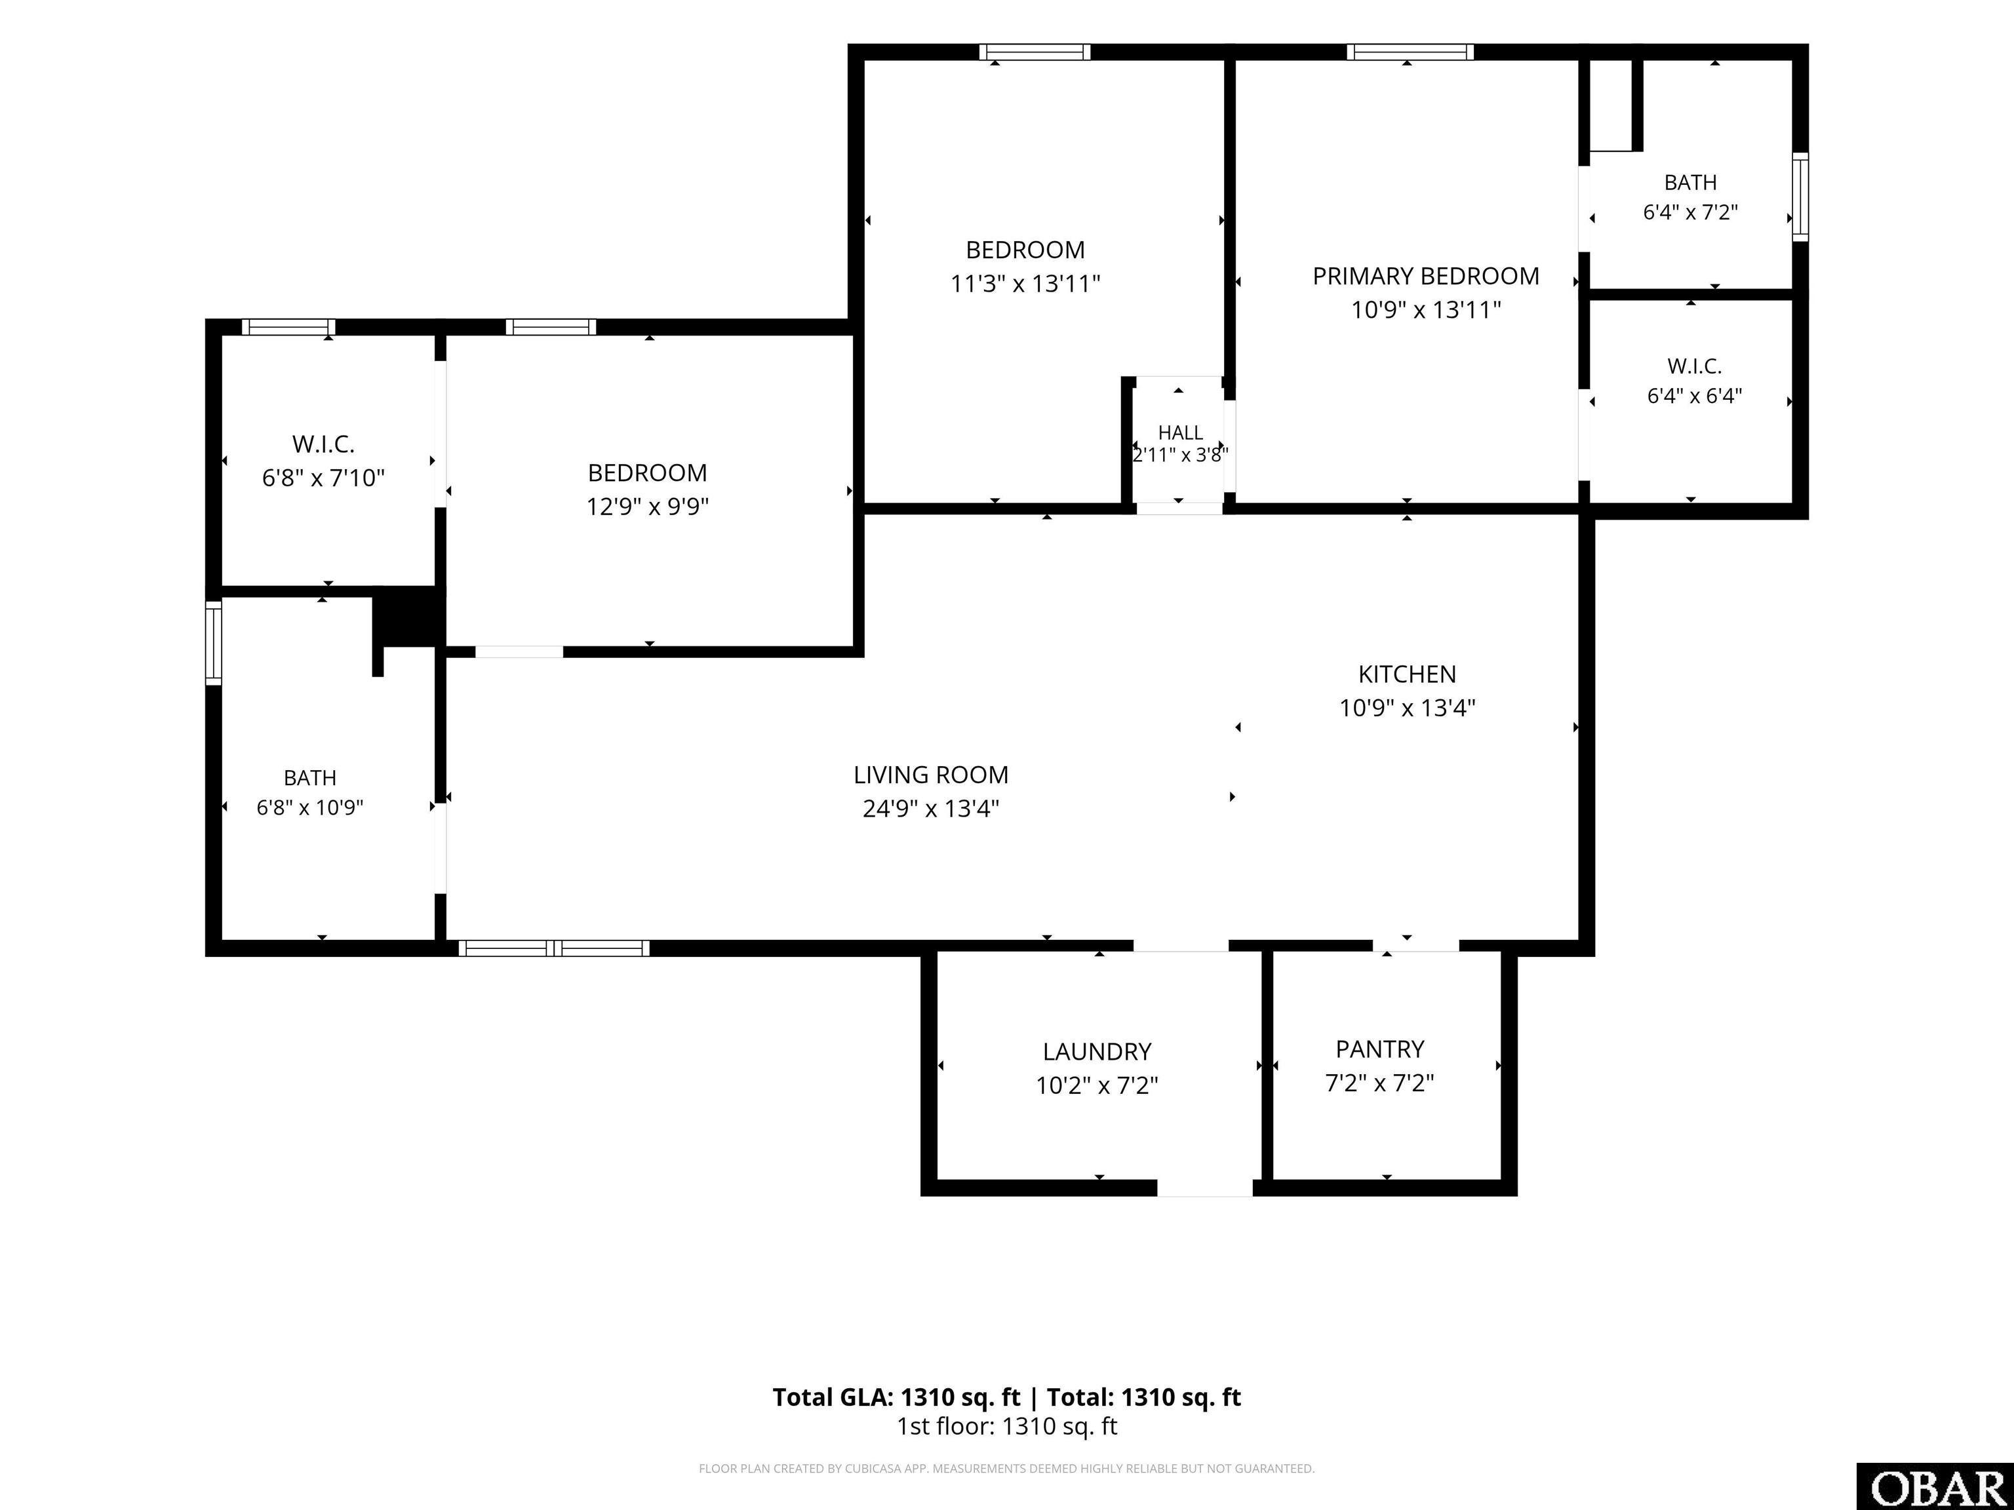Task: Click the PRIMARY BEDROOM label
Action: point(1426,276)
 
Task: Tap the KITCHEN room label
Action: point(1407,674)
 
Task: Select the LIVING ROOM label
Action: point(930,775)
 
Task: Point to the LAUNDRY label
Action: point(1097,1052)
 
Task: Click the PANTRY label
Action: point(1379,1049)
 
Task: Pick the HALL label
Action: point(1180,433)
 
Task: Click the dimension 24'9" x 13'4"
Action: point(930,808)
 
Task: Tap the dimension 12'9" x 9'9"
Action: point(647,506)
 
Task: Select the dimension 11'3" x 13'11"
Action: point(1025,284)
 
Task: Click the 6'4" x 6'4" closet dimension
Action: point(1695,396)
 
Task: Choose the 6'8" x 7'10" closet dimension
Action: point(323,478)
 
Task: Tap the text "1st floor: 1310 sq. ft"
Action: point(1007,1426)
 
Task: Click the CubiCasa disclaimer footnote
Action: point(1006,1468)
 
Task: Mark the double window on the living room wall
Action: point(553,948)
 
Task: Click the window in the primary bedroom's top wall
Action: point(1410,52)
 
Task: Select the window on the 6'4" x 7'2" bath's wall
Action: point(1800,197)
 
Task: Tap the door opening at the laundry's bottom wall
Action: point(1204,1188)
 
